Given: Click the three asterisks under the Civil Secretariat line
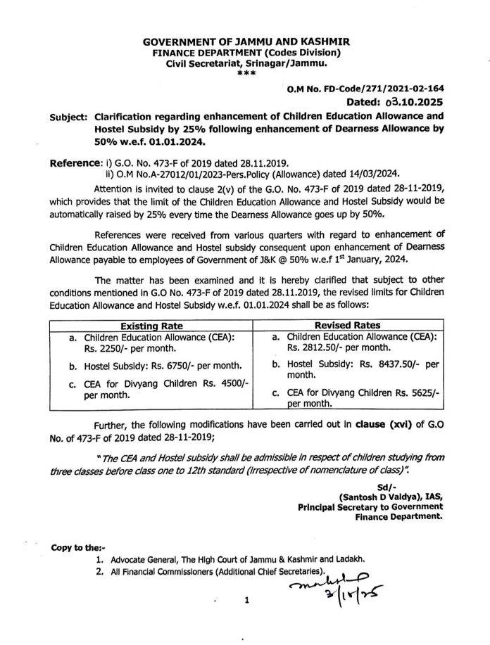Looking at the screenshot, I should coord(244,72).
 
